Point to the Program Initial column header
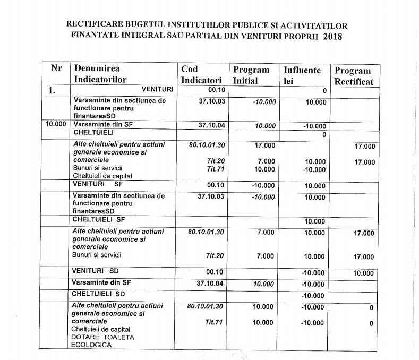coord(251,75)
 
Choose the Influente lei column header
coord(302,75)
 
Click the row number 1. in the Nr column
coord(52,91)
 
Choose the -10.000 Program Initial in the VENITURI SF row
coord(264,186)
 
